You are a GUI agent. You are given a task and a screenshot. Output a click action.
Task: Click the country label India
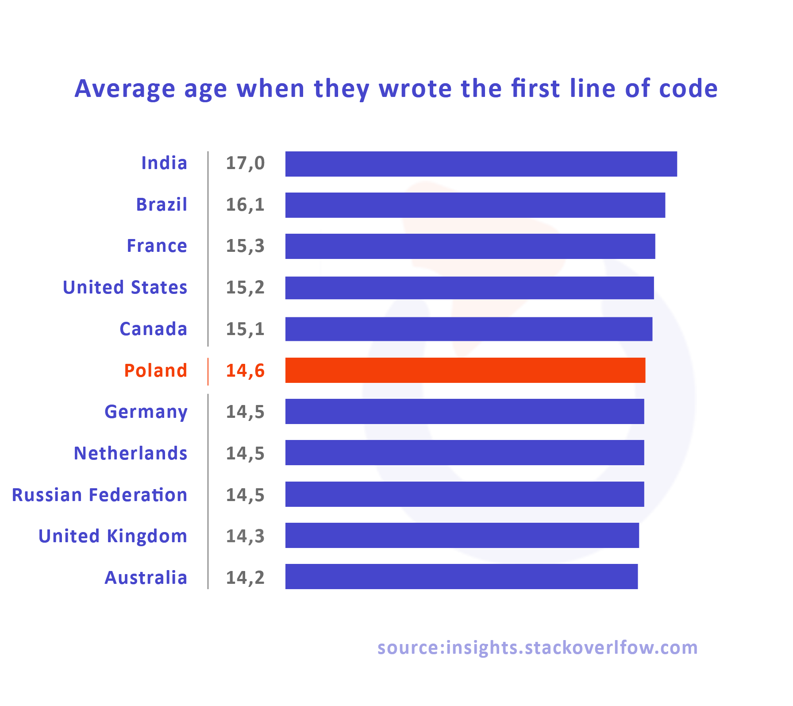tap(164, 163)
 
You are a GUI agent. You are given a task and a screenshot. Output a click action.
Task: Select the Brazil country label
tap(162, 204)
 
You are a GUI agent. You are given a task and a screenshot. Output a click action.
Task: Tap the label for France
tap(157, 246)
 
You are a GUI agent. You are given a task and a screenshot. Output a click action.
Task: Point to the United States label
tap(125, 287)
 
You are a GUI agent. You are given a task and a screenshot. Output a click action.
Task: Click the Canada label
tap(153, 329)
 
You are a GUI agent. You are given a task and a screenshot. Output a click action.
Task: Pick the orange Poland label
tap(155, 370)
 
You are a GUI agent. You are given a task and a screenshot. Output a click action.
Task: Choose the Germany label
tap(146, 412)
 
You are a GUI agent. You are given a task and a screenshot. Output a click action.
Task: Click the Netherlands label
tap(131, 453)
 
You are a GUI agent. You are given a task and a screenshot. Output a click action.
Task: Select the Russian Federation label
tap(100, 495)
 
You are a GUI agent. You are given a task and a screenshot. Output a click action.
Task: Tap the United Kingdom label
tap(113, 536)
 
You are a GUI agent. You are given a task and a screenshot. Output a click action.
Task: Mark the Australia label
tap(146, 578)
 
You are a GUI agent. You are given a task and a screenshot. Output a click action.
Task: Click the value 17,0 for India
tap(245, 163)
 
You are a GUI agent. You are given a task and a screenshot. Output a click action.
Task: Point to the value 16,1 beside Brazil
tap(245, 205)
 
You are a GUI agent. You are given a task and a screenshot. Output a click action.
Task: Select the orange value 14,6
tap(245, 371)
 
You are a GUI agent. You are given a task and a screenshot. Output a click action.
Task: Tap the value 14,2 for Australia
tap(245, 578)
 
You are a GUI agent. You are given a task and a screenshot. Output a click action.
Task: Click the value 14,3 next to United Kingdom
tap(245, 536)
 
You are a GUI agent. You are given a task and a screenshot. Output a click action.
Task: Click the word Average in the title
tap(125, 89)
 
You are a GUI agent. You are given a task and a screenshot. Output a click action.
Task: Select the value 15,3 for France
tap(245, 246)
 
